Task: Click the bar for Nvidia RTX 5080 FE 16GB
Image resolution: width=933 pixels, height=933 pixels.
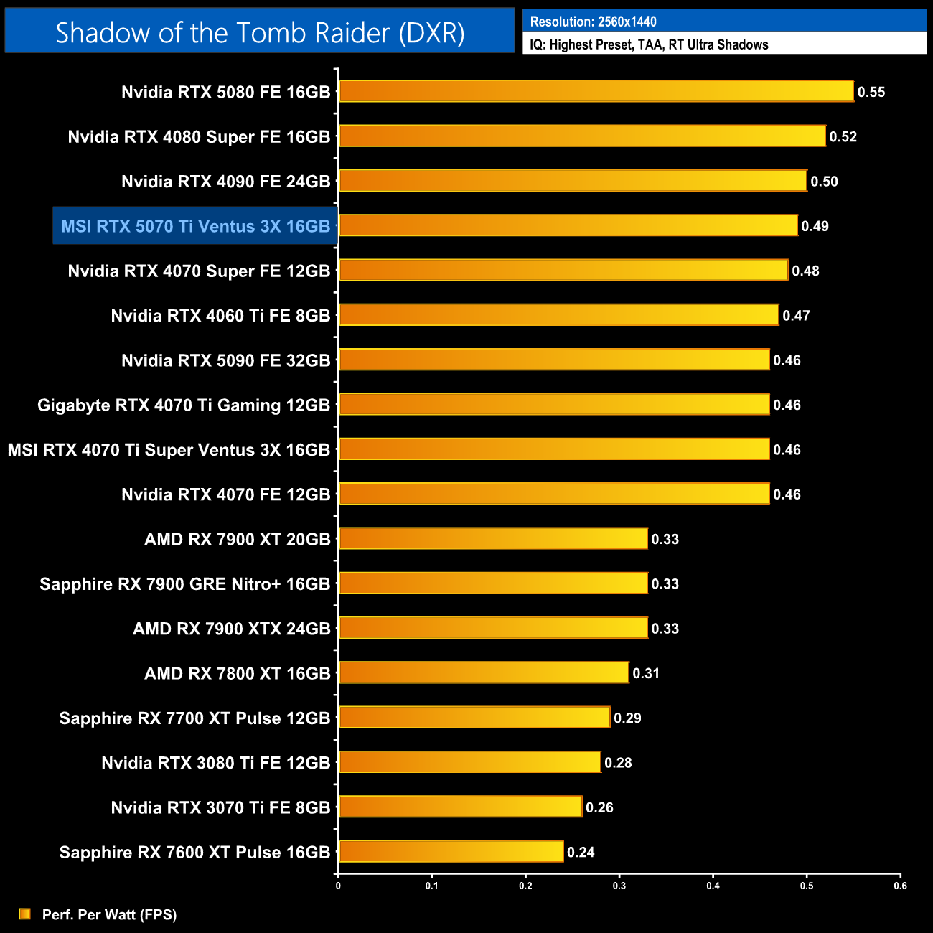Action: point(596,91)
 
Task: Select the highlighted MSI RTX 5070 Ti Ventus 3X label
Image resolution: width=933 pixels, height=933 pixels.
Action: point(195,226)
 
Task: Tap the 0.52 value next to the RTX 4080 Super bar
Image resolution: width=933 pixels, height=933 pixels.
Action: point(843,136)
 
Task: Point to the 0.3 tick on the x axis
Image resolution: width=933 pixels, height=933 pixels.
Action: point(619,886)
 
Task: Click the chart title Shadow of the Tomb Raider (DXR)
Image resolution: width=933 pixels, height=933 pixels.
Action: point(260,32)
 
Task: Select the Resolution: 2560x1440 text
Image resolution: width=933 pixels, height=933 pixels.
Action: point(593,22)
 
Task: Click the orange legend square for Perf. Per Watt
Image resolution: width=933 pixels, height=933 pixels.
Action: point(24,914)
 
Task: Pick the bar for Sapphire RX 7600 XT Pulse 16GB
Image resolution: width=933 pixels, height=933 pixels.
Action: point(451,851)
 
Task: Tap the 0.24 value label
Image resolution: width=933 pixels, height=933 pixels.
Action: point(581,852)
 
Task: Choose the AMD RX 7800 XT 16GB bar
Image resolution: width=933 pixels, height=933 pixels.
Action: point(484,672)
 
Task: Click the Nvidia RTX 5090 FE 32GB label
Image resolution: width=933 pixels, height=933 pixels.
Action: point(225,360)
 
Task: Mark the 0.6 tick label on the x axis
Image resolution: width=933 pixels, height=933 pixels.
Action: point(900,886)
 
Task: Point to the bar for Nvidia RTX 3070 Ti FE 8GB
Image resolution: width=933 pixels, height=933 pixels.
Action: point(460,807)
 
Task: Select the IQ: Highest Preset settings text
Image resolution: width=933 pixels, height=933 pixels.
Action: point(649,44)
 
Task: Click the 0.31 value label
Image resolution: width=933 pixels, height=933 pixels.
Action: point(646,673)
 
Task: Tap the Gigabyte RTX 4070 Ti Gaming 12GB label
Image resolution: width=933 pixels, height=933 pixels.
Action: point(184,405)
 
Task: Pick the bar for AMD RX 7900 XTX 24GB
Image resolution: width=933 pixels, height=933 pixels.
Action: point(493,628)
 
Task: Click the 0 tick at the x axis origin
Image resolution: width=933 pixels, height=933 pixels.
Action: point(338,886)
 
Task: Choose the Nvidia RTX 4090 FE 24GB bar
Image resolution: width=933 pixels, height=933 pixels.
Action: point(573,181)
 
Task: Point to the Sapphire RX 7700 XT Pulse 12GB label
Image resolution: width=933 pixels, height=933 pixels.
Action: point(194,718)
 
